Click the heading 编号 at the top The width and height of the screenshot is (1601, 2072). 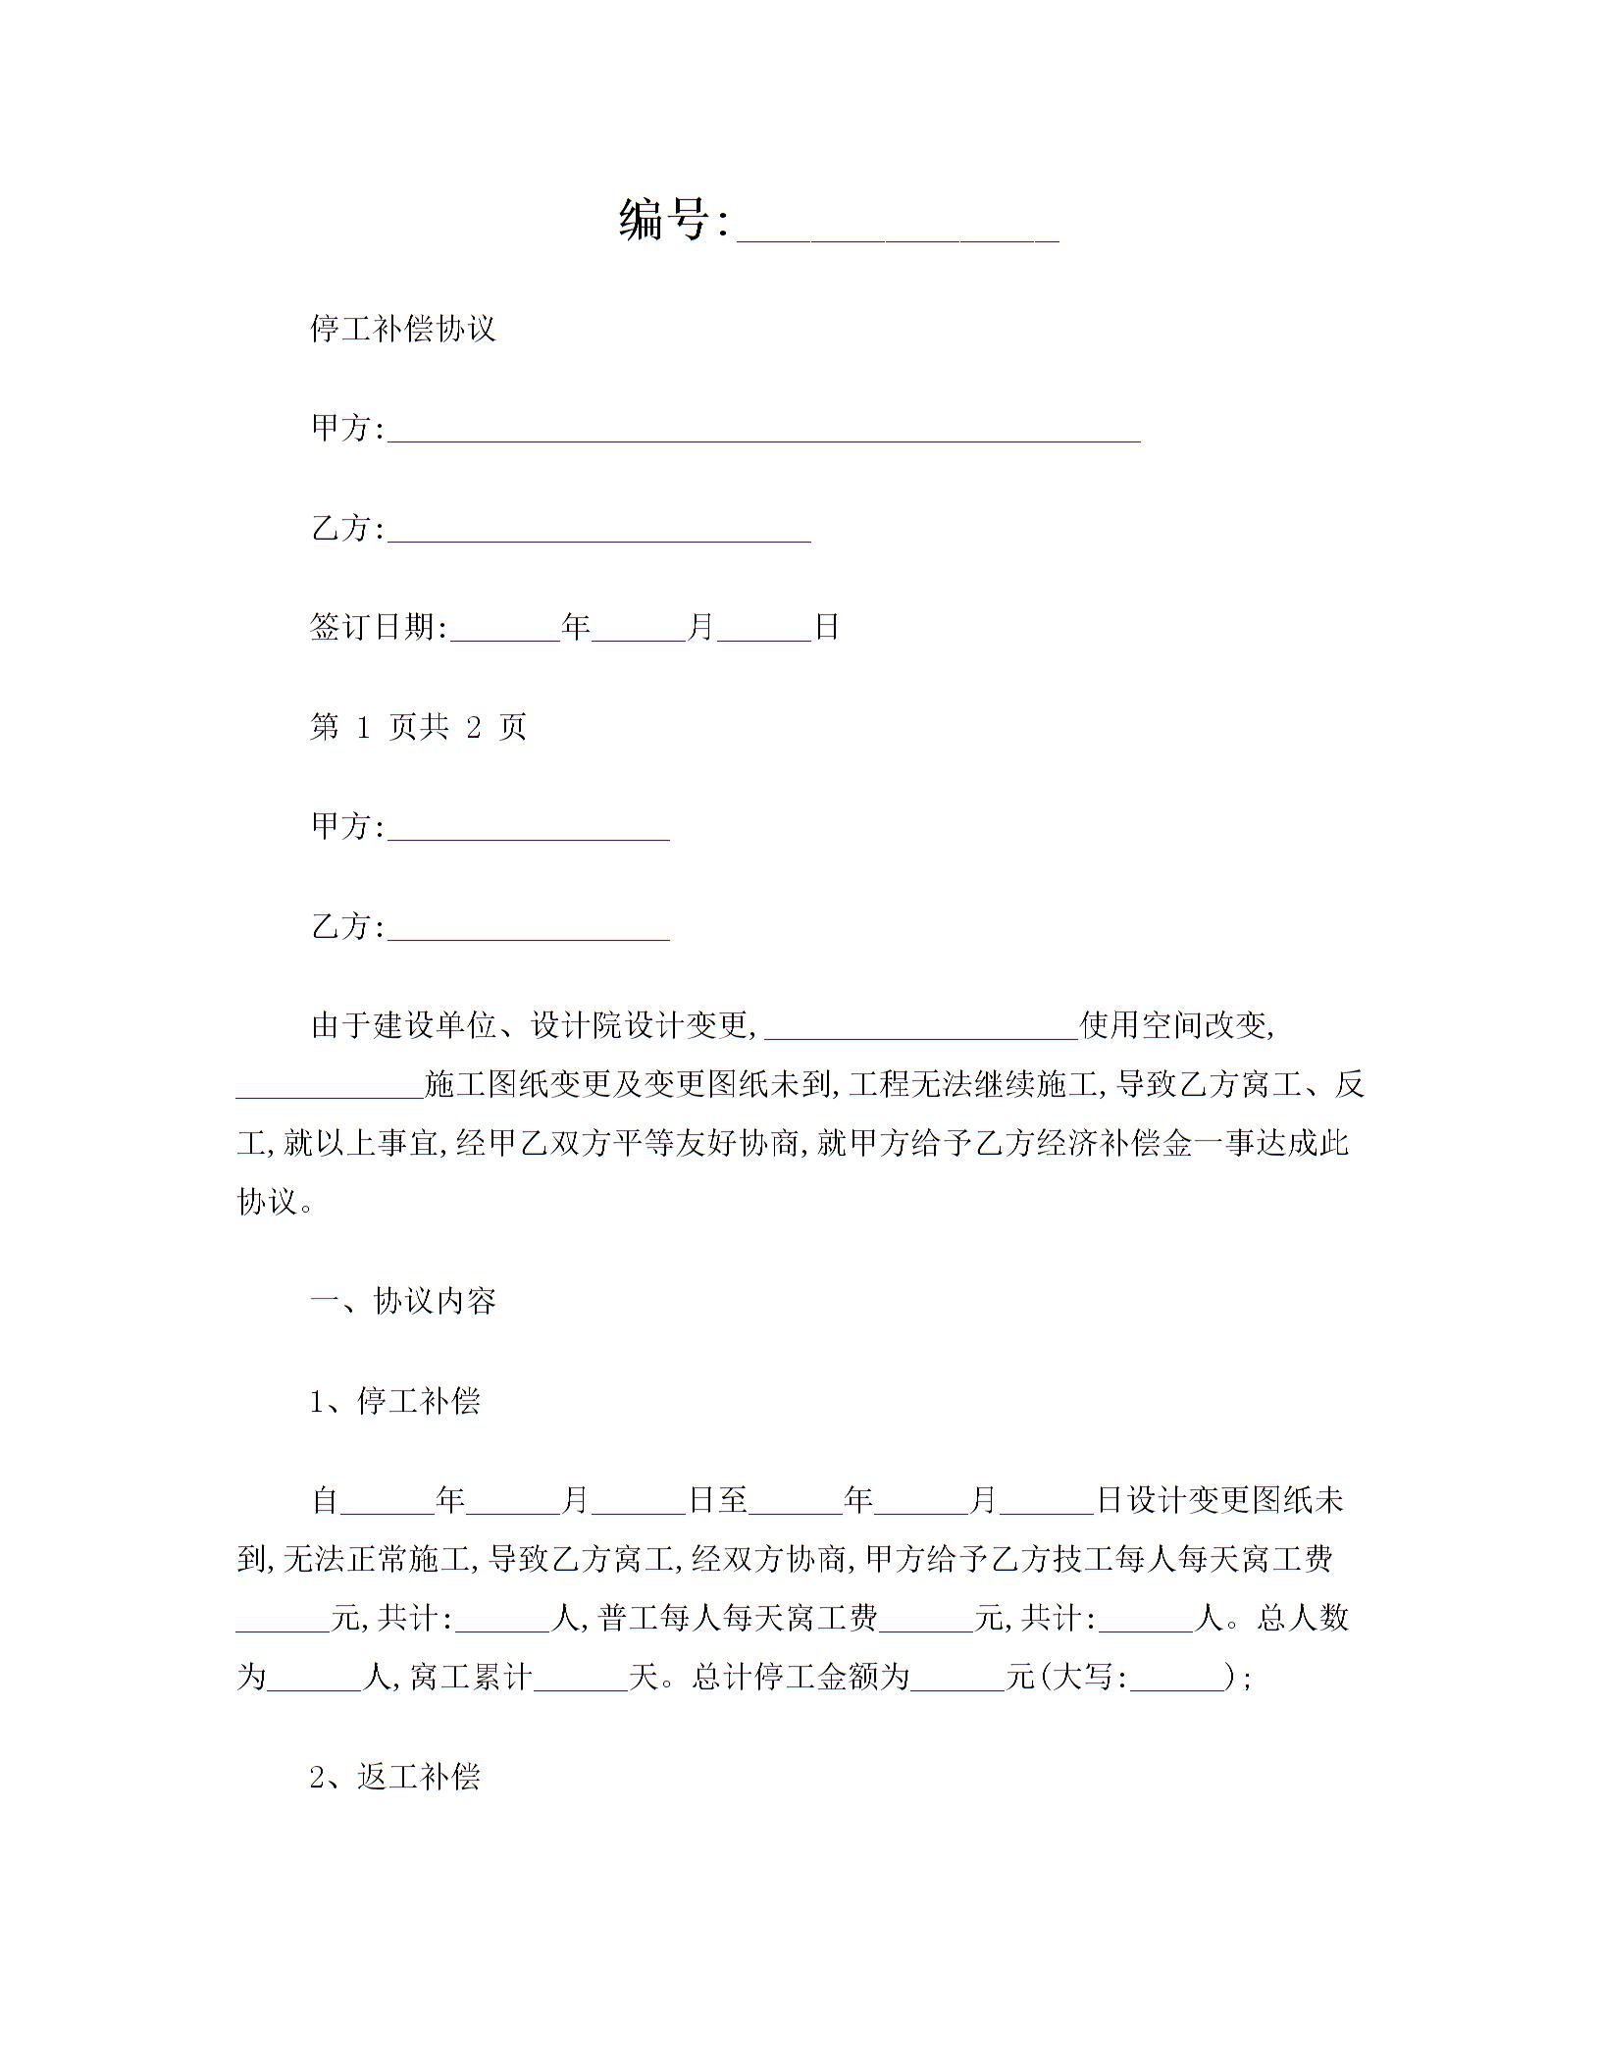coord(664,219)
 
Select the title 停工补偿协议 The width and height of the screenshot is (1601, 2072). coord(403,328)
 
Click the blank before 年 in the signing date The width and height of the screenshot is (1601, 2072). coord(504,633)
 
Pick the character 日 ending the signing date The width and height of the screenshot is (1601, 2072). coord(827,627)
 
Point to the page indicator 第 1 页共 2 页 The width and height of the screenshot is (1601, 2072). coord(418,727)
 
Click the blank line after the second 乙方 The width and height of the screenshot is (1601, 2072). coord(529,933)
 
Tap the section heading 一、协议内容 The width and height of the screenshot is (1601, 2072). coord(403,1301)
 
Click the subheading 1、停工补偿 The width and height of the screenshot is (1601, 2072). coord(395,1401)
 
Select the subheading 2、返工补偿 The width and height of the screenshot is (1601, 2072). coord(395,1777)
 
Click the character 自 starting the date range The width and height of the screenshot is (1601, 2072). coord(325,1500)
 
